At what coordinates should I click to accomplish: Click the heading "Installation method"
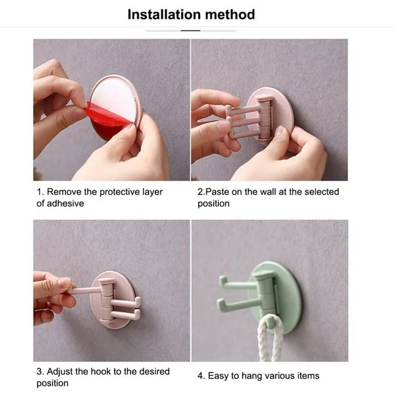click(x=191, y=14)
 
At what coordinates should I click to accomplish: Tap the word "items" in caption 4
click(x=307, y=376)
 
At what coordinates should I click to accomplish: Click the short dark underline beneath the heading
click(x=190, y=30)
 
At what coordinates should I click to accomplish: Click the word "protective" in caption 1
click(x=130, y=192)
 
